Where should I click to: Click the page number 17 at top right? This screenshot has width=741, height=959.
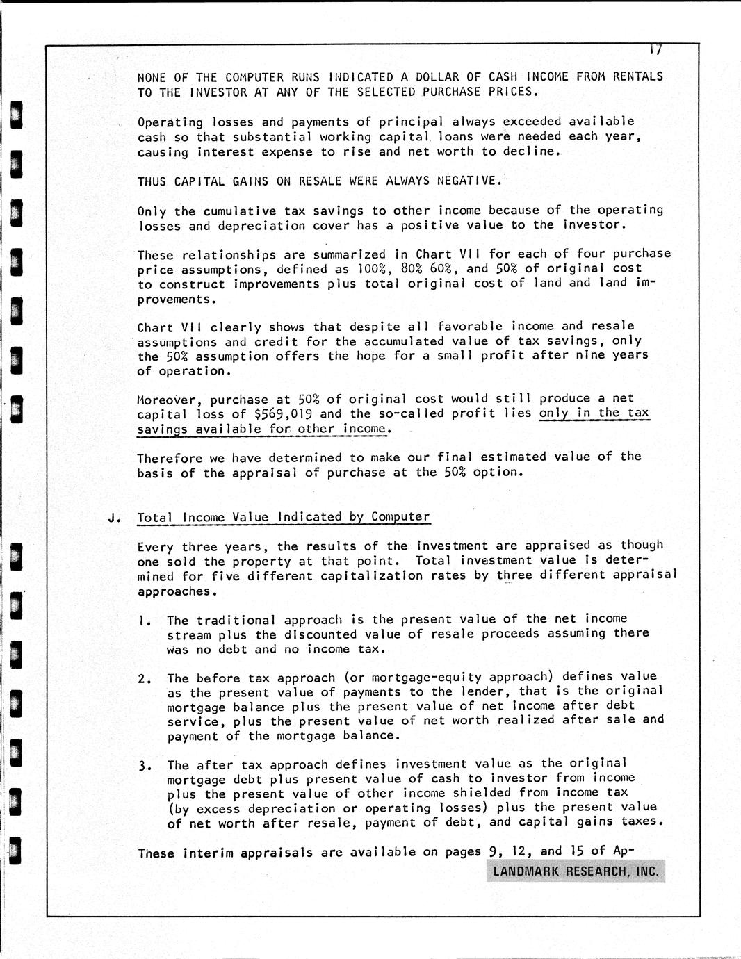point(654,50)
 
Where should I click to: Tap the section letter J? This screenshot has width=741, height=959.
point(113,518)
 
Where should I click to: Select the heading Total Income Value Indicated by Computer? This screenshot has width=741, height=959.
point(284,517)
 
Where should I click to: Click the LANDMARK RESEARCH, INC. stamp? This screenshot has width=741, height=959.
point(576,871)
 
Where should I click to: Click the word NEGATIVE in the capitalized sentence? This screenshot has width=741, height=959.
point(467,181)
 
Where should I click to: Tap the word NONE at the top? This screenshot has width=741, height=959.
point(153,77)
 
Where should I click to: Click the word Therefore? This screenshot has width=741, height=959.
point(170,458)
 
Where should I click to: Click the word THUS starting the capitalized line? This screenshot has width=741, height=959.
point(152,181)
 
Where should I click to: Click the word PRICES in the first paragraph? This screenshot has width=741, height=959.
point(515,92)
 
